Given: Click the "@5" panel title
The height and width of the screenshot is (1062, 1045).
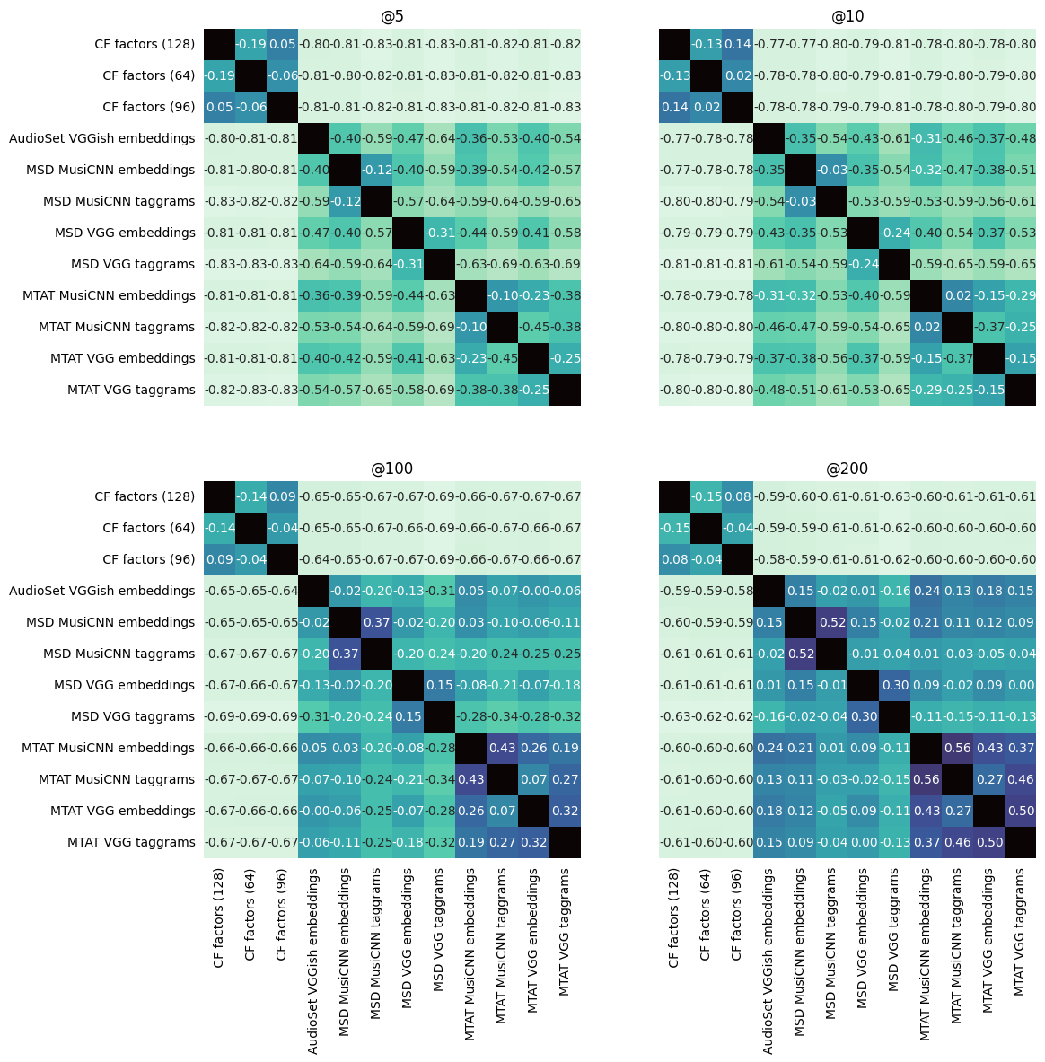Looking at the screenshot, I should click(391, 16).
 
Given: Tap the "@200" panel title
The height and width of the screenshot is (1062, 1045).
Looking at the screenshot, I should click(847, 469).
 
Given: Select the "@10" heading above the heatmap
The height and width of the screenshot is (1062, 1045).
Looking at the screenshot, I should click(847, 16).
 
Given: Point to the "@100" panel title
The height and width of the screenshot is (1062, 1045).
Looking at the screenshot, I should click(391, 469).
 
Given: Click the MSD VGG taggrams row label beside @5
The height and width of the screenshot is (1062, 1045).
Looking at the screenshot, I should click(133, 264).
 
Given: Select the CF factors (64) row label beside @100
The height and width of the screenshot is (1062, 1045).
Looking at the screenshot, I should click(148, 528).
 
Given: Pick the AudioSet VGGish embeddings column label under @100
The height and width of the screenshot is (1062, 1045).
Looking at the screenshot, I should click(313, 961).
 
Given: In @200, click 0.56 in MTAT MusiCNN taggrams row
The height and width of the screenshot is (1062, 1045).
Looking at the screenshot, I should click(926, 779).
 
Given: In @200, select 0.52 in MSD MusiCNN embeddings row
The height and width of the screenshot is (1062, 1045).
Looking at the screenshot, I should click(831, 622).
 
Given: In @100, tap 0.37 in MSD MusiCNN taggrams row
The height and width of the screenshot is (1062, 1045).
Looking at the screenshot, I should click(345, 654).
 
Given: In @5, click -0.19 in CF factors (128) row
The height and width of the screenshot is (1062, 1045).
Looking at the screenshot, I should click(250, 44).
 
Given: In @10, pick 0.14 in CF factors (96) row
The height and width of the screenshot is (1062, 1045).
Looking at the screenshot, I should click(674, 107).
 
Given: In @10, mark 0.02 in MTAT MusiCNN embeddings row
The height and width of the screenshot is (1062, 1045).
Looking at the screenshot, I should click(957, 295).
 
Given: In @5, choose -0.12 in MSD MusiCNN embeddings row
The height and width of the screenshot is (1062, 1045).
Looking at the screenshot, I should click(376, 170).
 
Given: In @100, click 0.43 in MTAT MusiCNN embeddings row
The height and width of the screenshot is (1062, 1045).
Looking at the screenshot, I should click(502, 748).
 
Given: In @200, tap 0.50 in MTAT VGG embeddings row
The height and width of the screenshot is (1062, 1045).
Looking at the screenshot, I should click(1020, 811).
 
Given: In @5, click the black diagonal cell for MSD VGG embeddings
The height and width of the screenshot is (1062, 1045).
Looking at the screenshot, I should click(408, 233).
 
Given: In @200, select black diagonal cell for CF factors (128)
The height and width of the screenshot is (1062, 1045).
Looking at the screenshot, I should click(674, 496).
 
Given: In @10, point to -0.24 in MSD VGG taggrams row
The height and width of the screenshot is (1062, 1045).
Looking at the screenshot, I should click(863, 264).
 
